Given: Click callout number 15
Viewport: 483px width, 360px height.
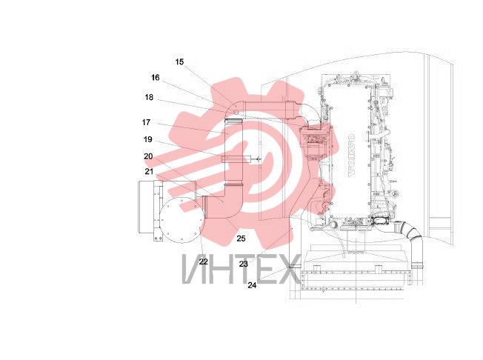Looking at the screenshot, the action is (x=179, y=62).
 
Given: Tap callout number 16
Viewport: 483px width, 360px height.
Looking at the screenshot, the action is (x=156, y=78).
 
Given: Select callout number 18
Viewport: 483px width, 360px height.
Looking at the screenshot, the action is (x=149, y=97).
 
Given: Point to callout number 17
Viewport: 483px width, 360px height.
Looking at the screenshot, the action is (x=146, y=122).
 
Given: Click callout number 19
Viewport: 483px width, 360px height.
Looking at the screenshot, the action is (x=148, y=139).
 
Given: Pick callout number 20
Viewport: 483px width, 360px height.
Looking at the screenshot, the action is (x=148, y=156).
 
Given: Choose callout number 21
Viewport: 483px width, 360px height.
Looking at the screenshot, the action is (x=149, y=172).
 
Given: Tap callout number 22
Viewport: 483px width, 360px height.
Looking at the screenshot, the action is (x=203, y=261).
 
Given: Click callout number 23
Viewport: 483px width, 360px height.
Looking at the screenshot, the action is (x=243, y=264).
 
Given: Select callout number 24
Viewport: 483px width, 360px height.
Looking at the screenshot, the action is (x=252, y=285).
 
